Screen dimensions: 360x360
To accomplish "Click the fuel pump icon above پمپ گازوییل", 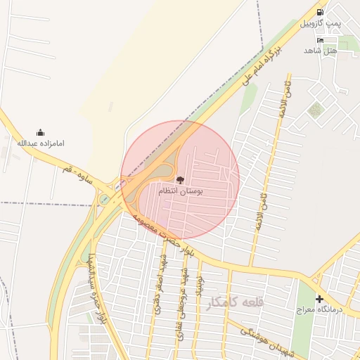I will click(x=321, y=12).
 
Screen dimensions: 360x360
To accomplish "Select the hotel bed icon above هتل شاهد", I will click(x=321, y=40).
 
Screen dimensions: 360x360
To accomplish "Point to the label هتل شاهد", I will click(x=321, y=51).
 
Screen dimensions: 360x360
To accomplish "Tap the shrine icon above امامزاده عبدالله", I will click(x=40, y=132).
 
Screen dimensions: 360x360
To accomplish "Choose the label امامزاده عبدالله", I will click(x=40, y=143).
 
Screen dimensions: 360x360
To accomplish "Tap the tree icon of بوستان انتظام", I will click(x=179, y=179).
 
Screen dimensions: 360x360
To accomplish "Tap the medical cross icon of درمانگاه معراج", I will click(x=319, y=299).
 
